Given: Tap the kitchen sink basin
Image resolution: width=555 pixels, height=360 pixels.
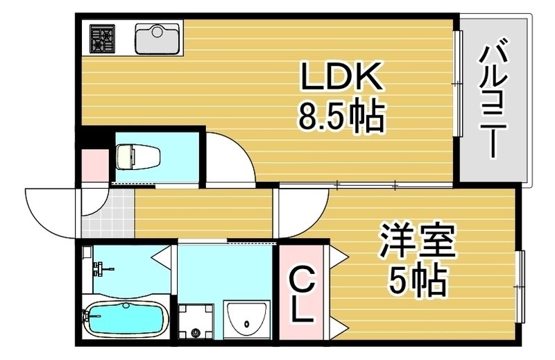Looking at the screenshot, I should click(157, 39).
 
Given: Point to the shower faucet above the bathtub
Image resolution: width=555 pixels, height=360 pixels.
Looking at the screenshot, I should click(99, 267).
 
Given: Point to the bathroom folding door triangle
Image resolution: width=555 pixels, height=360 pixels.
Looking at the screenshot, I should click(161, 257).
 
